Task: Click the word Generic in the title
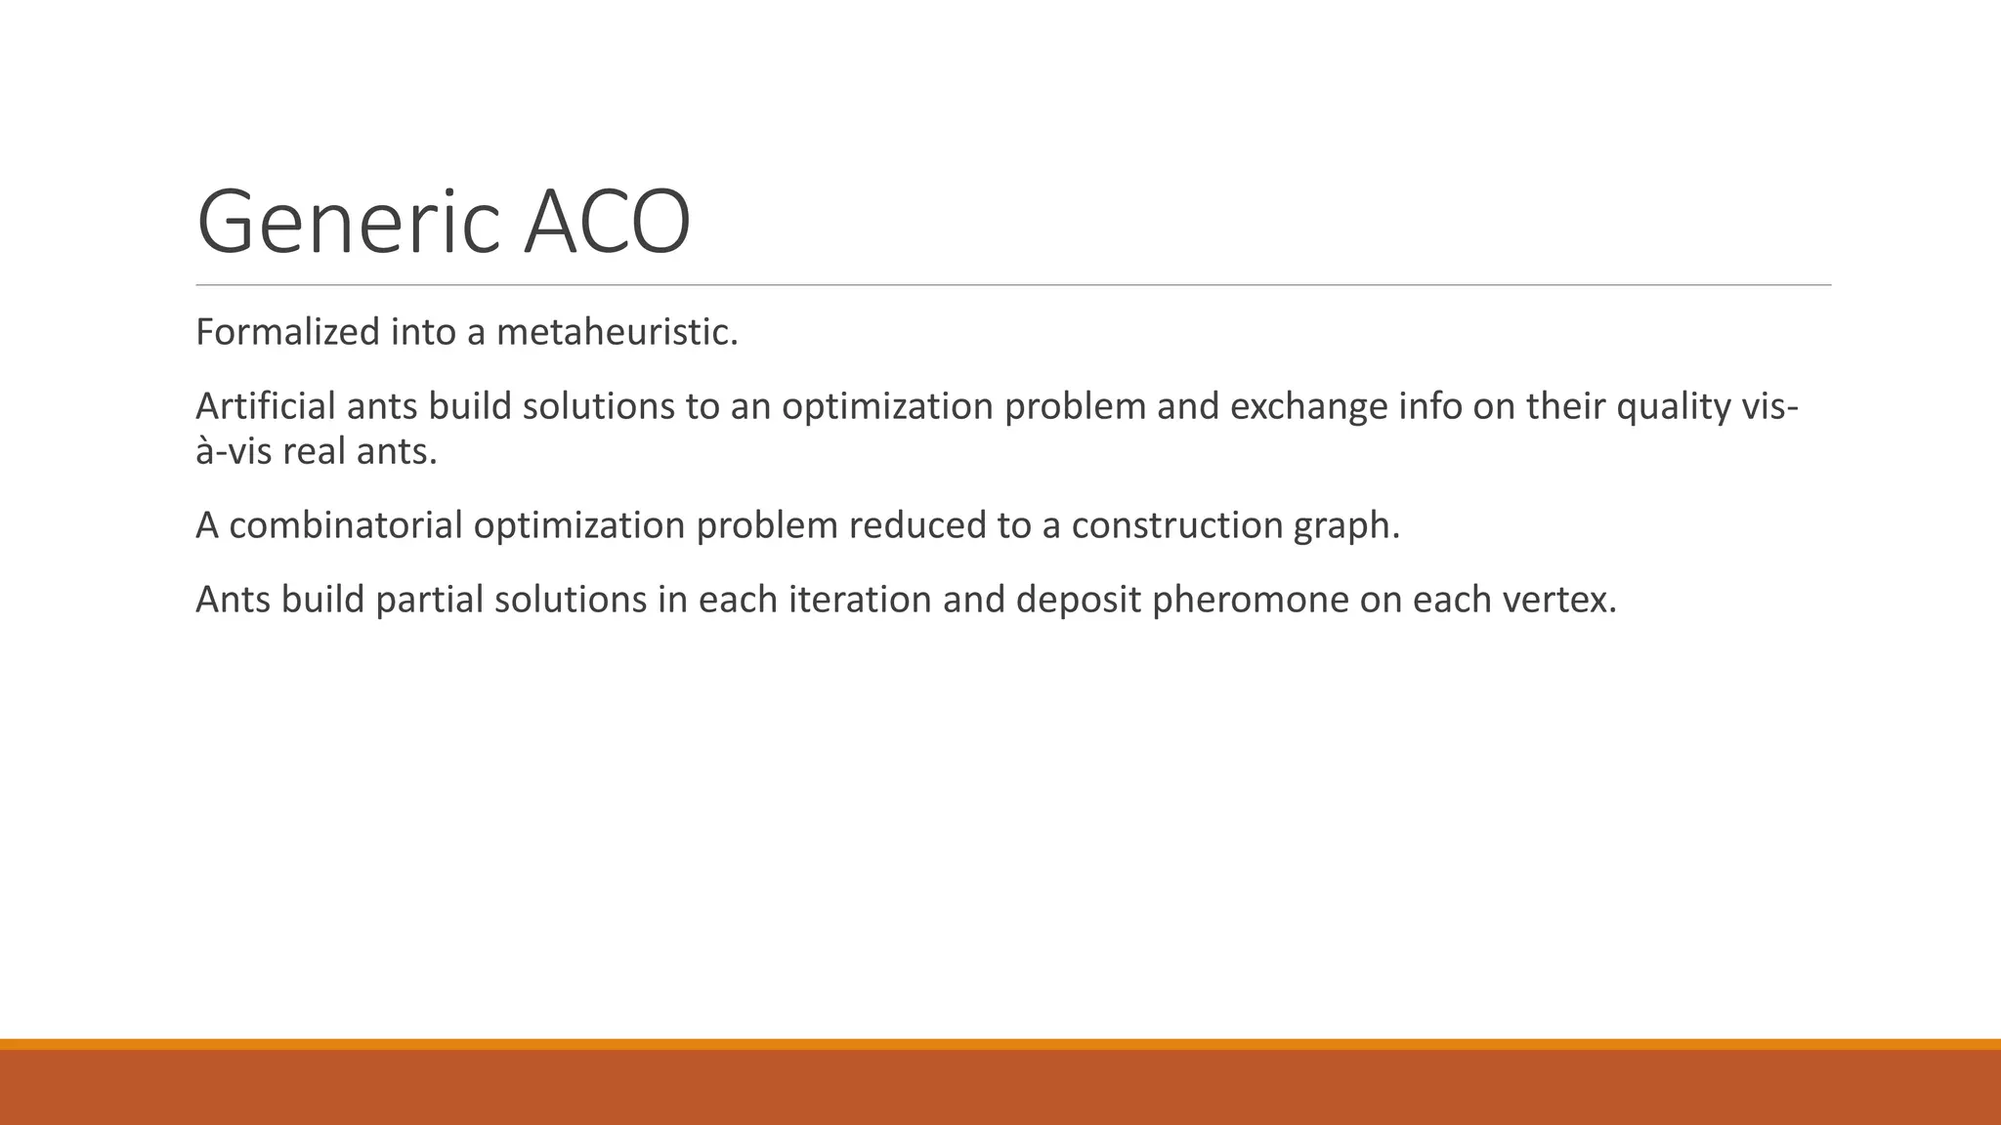349,223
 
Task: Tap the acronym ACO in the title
607,223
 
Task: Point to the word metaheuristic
617,332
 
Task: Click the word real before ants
314,451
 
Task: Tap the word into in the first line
423,332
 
